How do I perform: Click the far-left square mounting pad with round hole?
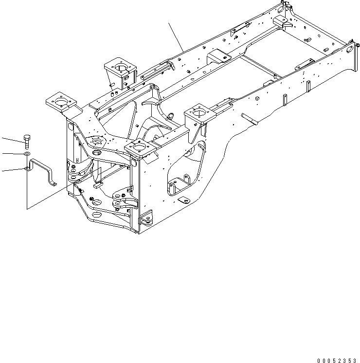(x=61, y=102)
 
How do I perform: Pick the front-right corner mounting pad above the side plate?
(x=140, y=148)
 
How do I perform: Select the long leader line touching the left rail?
(x=176, y=37)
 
